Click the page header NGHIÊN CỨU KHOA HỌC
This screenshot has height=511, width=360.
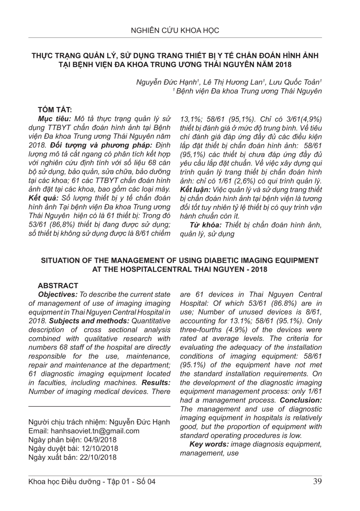[x=175, y=30]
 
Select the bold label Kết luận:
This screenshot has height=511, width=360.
[x=195, y=189]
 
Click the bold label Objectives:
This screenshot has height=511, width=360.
[x=58, y=294]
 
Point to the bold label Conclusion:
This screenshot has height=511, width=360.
[x=301, y=400]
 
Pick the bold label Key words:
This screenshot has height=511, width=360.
[x=209, y=444]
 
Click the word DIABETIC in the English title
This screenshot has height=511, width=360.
[x=203, y=260]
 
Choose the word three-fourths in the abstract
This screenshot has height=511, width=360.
[x=199, y=329]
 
